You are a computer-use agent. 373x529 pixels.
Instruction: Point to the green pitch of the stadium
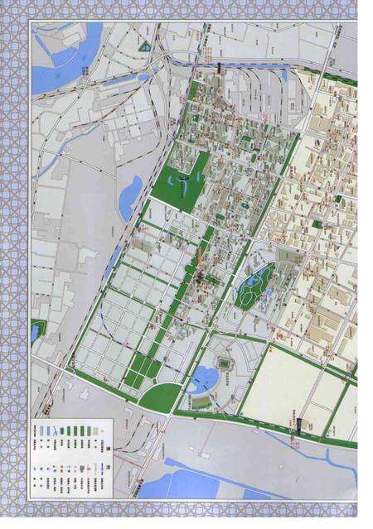(225, 363)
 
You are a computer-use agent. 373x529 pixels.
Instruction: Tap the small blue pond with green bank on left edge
(35, 331)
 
